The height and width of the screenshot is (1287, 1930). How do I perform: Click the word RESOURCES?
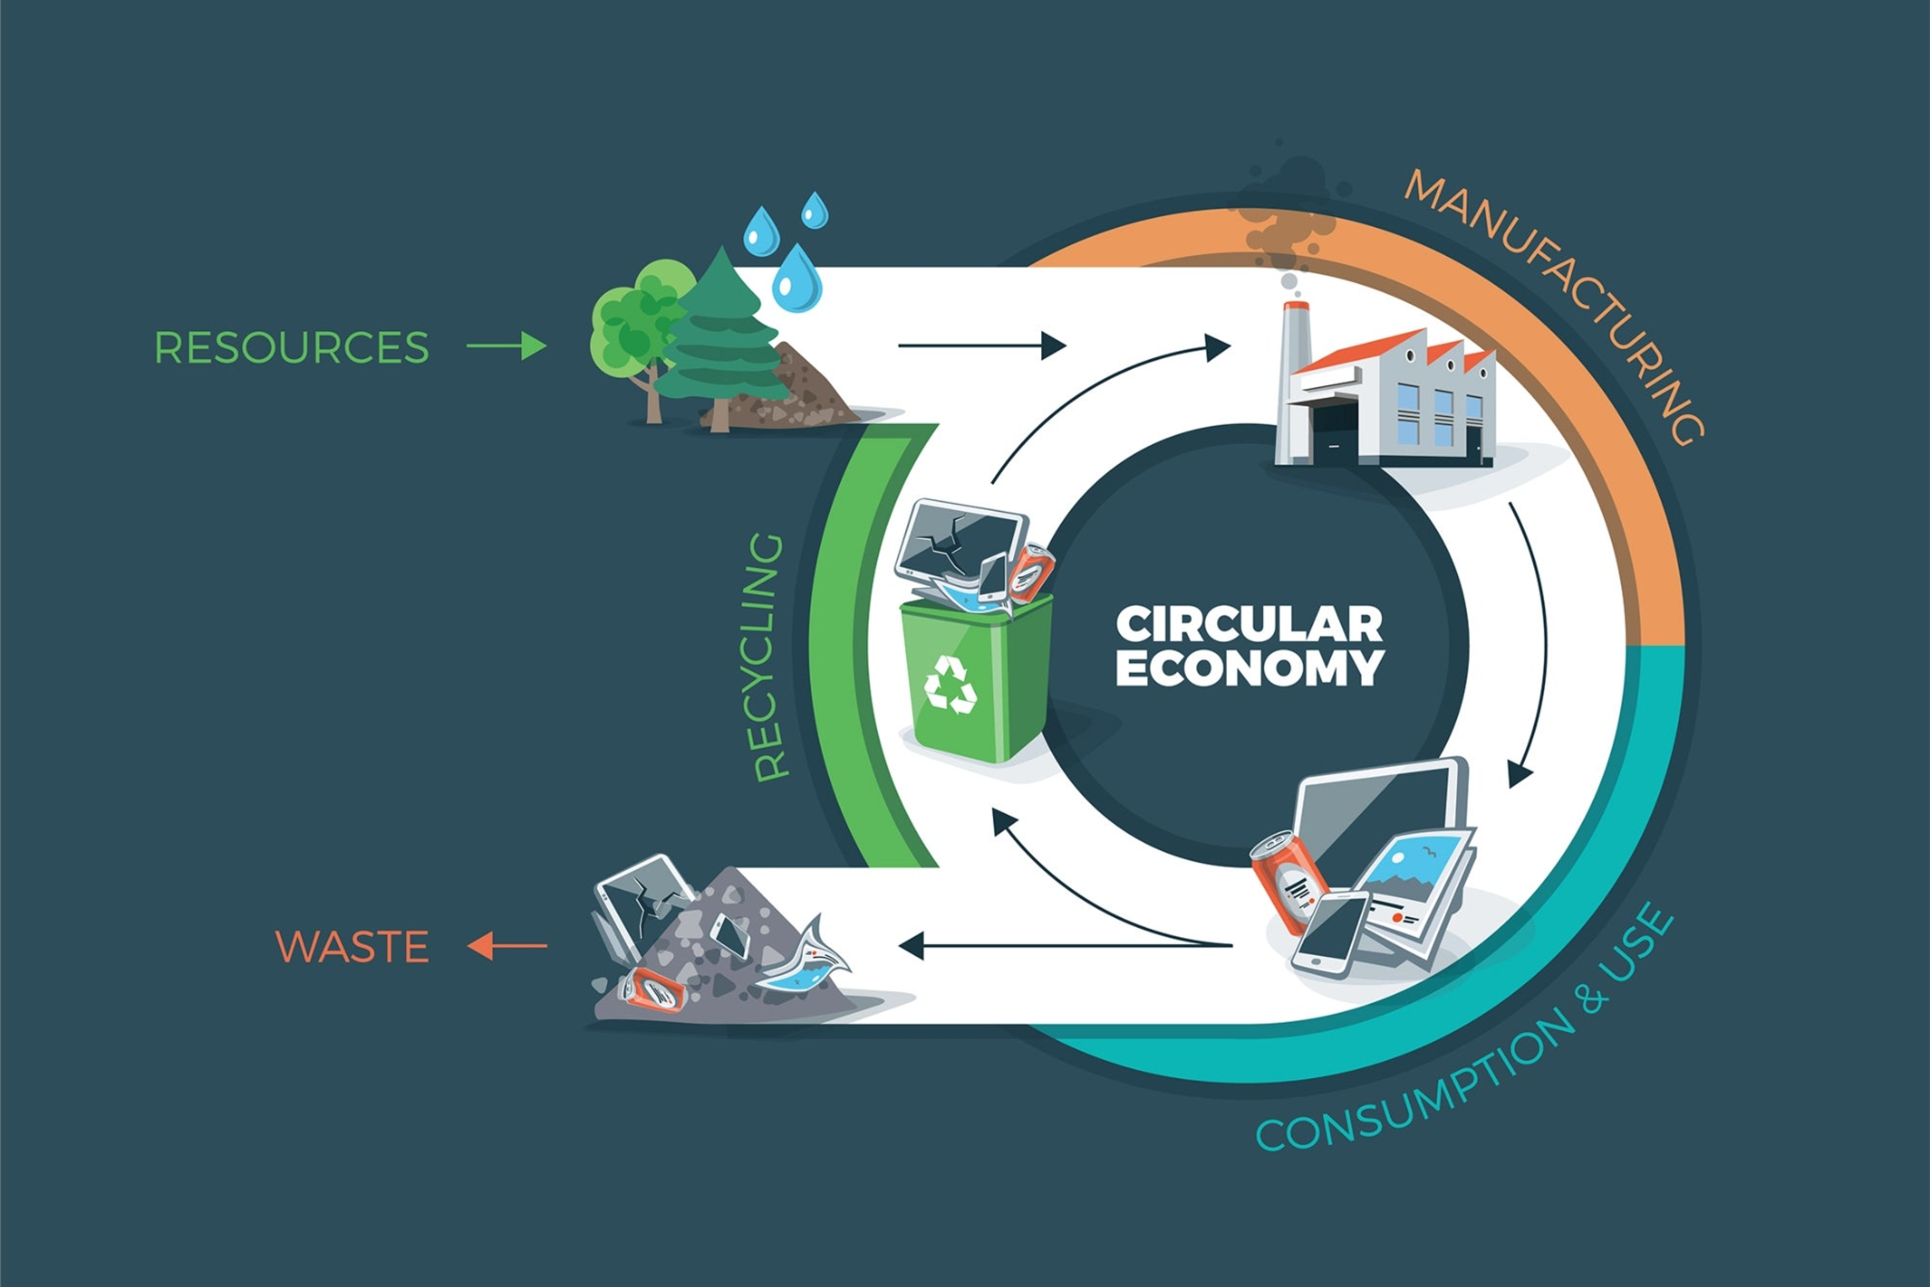point(291,347)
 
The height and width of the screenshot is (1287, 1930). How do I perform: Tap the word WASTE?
point(352,947)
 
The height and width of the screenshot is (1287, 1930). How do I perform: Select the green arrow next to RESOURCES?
point(507,346)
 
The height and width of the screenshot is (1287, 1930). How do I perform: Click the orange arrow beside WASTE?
point(507,946)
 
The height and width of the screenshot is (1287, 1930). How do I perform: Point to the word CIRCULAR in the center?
point(1249,625)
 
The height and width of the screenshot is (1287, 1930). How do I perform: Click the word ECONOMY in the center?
point(1249,669)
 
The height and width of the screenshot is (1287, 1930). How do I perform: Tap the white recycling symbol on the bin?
point(950,684)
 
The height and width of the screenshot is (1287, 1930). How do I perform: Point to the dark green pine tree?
point(719,338)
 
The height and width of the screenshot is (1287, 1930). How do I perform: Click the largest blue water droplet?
point(797,279)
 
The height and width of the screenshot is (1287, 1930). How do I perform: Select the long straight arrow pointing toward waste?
point(1064,946)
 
